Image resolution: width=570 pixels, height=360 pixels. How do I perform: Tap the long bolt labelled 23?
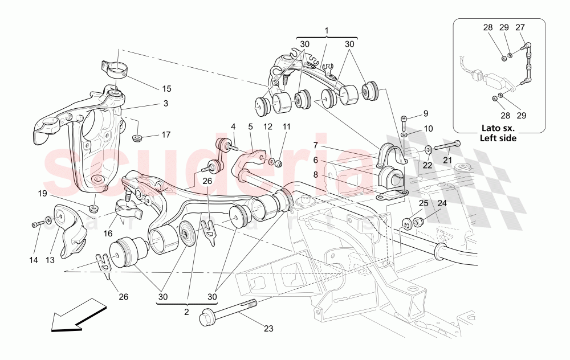coord(228,312)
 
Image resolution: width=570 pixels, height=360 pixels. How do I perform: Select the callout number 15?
coord(166,89)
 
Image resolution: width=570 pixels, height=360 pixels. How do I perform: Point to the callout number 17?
coord(166,135)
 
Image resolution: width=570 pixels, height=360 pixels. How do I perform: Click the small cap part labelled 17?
coord(138,137)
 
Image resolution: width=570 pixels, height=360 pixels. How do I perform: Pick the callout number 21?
coord(447,161)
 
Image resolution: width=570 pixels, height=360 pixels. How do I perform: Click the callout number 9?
coord(425,113)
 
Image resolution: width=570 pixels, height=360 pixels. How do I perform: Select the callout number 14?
coord(34,260)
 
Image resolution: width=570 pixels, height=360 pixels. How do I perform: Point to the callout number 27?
coord(520,27)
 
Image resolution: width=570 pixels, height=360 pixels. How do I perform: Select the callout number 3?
coord(166,104)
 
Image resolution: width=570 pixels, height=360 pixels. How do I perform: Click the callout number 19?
coord(43,194)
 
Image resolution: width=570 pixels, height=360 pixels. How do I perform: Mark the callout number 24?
coord(442,203)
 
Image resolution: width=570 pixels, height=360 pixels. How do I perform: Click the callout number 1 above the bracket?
coord(327,30)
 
